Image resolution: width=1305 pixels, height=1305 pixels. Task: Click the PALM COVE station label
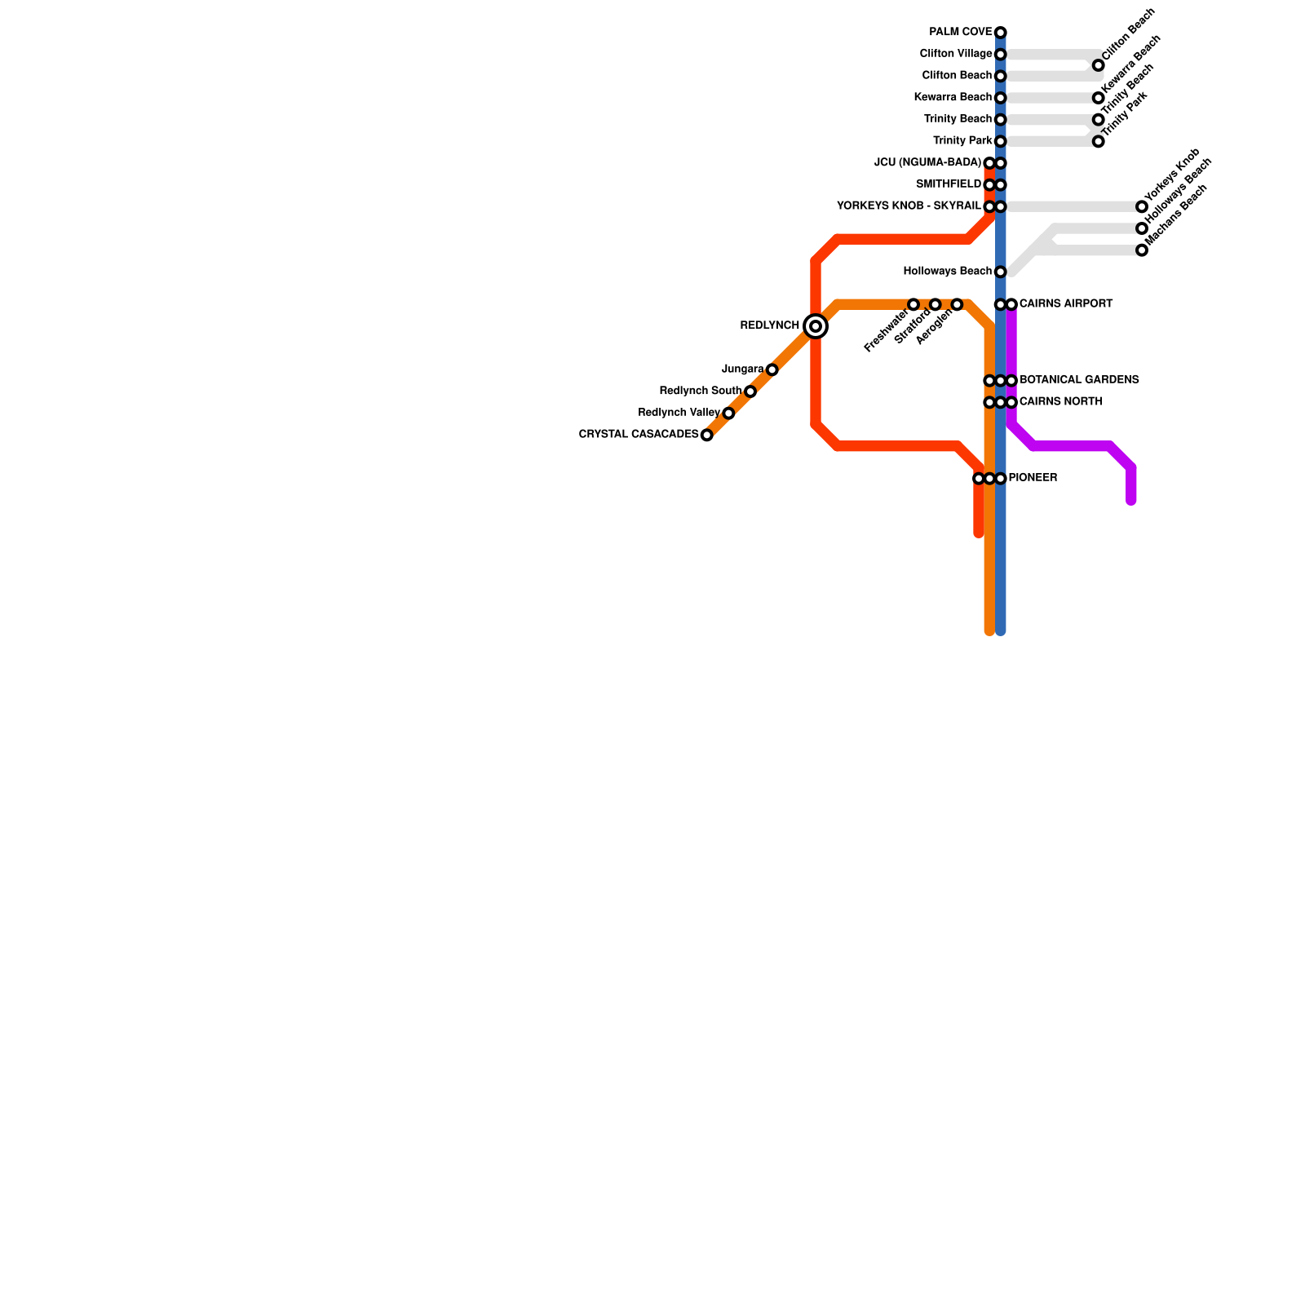(x=960, y=33)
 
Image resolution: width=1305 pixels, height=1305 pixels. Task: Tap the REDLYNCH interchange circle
(x=816, y=326)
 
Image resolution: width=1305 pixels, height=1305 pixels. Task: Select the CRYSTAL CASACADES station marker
(x=706, y=435)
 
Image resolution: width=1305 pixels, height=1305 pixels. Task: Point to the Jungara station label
(x=742, y=369)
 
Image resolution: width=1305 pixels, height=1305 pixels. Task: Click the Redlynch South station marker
(x=750, y=391)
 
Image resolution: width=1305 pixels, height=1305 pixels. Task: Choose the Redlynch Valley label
(x=679, y=413)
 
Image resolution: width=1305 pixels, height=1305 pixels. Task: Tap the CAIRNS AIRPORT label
(x=1066, y=304)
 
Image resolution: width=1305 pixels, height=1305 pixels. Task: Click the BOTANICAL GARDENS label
(x=1079, y=380)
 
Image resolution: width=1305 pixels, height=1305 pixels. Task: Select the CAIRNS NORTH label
(x=1060, y=402)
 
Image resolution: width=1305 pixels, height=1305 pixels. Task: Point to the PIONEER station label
(x=1033, y=478)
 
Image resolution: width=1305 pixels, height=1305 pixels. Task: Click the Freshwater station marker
(x=913, y=304)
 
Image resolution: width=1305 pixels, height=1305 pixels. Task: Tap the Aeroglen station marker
(x=957, y=304)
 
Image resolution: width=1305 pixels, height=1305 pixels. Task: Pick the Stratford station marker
(x=935, y=304)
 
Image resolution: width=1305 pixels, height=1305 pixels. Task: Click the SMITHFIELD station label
(x=948, y=184)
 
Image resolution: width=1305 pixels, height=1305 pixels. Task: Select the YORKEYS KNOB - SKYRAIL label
(x=909, y=206)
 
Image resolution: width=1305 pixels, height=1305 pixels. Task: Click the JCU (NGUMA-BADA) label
(x=927, y=163)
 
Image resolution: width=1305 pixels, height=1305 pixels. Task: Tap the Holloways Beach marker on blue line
(x=1000, y=272)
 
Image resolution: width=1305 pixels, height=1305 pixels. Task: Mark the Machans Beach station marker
(x=1142, y=250)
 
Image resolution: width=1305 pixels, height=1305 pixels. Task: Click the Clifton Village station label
(x=955, y=54)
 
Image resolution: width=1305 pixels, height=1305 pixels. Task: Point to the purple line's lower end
(x=1131, y=501)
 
